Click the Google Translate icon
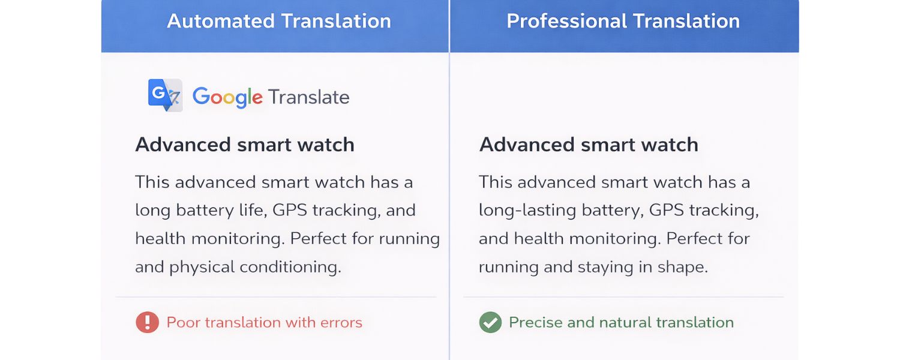click(165, 95)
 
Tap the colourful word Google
click(227, 97)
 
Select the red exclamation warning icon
click(147, 322)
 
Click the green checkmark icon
click(490, 322)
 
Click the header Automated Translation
click(278, 22)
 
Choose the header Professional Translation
click(623, 22)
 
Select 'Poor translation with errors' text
click(264, 322)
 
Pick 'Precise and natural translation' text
click(621, 322)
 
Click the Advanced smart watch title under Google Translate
click(245, 145)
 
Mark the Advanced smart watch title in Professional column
click(589, 145)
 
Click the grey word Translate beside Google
click(308, 97)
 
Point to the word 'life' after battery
click(252, 211)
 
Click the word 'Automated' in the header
click(220, 22)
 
